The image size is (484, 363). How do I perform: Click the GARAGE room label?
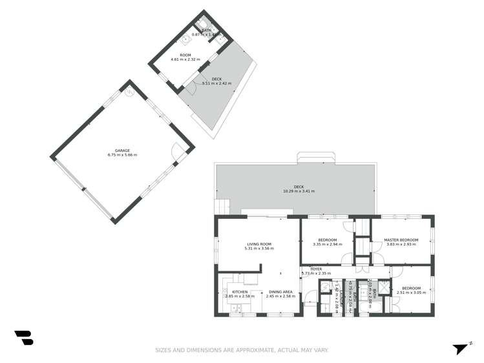[121, 150]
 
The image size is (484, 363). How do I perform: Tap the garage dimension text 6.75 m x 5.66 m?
[121, 155]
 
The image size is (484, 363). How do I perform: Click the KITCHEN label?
[240, 292]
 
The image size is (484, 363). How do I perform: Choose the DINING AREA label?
[280, 292]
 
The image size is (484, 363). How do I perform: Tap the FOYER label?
[316, 269]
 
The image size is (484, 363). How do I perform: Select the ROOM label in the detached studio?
[185, 56]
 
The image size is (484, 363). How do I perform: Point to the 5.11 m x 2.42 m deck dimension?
[216, 83]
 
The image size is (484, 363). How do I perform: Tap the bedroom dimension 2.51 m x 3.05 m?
[412, 293]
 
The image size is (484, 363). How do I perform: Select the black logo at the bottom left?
[23, 337]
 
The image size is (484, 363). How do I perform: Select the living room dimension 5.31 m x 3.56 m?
[258, 249]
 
